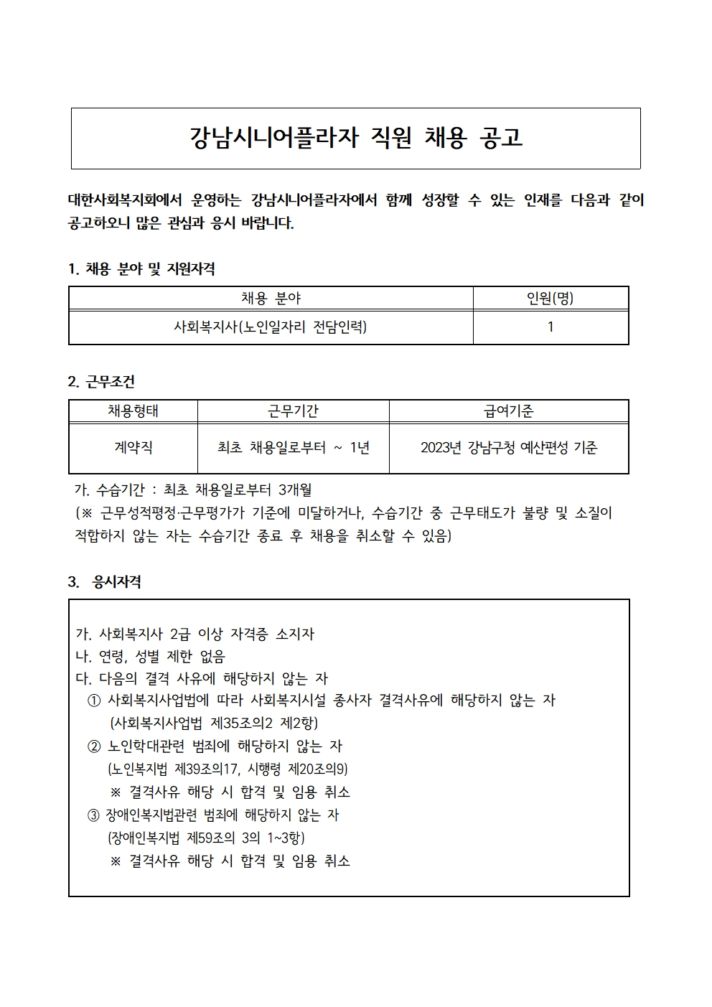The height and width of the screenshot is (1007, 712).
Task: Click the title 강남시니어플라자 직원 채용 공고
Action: coord(356,138)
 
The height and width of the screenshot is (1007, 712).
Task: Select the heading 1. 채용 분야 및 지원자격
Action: coord(141,269)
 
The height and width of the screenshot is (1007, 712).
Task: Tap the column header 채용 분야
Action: coord(271,298)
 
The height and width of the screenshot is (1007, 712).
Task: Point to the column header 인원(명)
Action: coord(550,298)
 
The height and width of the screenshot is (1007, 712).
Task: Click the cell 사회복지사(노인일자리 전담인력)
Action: coord(271,327)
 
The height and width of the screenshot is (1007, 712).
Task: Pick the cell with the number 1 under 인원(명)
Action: coord(550,327)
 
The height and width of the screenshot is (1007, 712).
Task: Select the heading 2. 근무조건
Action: coord(101,382)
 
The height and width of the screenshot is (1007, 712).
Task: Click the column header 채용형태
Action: coord(133,411)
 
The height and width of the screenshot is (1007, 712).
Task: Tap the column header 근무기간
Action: coord(293,411)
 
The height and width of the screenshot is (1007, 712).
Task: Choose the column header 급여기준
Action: coord(508,411)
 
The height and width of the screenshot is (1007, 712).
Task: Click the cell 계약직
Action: coord(133,448)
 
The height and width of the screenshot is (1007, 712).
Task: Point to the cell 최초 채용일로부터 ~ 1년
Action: coord(293,448)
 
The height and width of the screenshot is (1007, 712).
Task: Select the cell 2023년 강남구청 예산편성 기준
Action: coord(508,448)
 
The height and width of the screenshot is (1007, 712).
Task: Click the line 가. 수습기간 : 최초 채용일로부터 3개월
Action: coord(194,491)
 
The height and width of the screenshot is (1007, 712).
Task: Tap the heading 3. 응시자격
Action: coord(105,582)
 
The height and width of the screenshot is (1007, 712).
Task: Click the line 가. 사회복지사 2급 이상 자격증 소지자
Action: coord(195,634)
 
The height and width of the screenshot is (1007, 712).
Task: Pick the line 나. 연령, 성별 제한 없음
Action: coord(151,657)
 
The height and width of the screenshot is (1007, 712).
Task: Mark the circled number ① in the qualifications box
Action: coord(93,701)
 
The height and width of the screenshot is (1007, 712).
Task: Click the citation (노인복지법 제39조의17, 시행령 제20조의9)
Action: coord(228,769)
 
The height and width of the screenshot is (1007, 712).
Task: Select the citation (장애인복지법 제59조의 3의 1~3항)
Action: coord(207,838)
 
